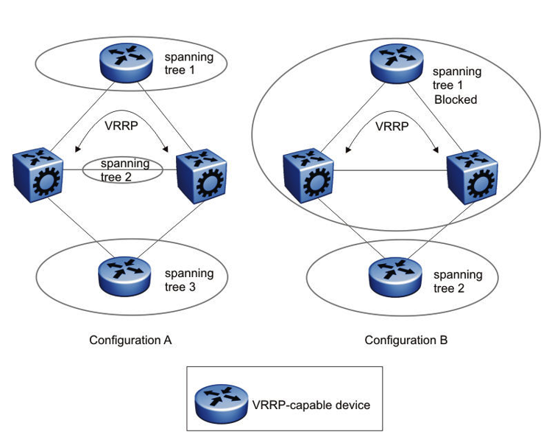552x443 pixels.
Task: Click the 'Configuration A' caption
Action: coord(130,341)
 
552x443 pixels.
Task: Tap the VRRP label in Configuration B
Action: coord(390,125)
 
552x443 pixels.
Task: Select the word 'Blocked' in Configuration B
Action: coord(454,100)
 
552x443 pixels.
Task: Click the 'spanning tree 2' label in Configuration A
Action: coord(125,170)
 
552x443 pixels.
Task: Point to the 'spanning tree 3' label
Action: coord(189,279)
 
